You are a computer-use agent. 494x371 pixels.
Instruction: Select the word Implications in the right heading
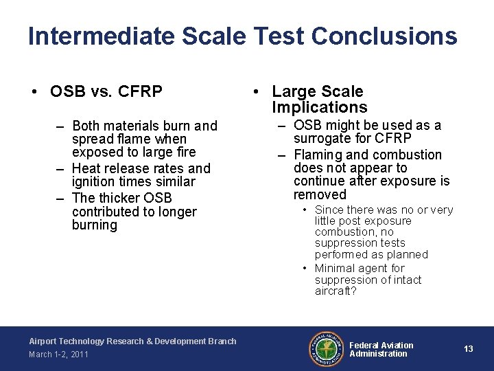[x=319, y=107]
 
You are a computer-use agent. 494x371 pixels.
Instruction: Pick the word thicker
[x=119, y=198]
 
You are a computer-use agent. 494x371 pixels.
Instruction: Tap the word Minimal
[x=338, y=268]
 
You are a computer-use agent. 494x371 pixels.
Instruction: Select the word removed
[x=320, y=194]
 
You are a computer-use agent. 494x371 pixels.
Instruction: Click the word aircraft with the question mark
[x=336, y=291]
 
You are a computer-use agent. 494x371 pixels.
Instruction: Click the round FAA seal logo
[x=324, y=348]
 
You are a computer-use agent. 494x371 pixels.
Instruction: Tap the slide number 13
[x=469, y=349]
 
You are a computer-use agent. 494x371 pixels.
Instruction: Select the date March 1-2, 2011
[x=58, y=355]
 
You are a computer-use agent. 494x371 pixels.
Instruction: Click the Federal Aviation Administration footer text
[x=381, y=349]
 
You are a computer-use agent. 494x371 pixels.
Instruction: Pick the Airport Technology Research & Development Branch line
[x=132, y=341]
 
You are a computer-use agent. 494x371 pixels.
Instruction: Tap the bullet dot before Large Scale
[x=255, y=91]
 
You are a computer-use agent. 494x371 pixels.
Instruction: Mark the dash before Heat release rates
[x=60, y=168]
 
